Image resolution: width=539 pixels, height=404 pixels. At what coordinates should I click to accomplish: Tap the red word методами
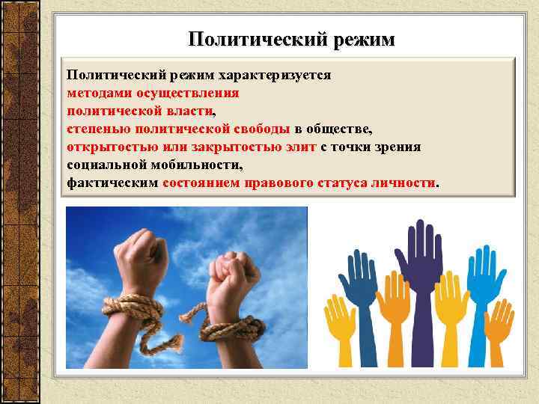(98, 94)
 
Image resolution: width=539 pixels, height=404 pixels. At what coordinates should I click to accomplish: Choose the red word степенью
(97, 129)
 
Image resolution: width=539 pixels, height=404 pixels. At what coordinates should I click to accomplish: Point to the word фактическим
(112, 183)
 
